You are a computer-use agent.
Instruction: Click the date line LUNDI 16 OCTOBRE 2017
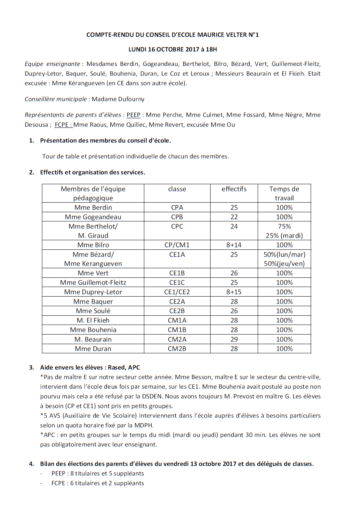click(172, 49)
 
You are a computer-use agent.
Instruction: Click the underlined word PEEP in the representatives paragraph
click(133, 115)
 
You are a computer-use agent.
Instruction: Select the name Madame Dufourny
click(118, 99)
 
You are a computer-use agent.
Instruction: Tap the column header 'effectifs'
click(234, 189)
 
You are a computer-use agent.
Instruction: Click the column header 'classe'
click(177, 189)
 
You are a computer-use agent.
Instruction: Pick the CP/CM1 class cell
click(177, 245)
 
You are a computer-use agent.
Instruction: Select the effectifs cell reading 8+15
click(234, 292)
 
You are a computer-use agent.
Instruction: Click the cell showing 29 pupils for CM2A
click(234, 339)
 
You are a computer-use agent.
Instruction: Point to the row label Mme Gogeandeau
click(93, 217)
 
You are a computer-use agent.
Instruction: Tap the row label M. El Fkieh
click(93, 321)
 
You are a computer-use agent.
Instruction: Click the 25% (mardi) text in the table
click(284, 236)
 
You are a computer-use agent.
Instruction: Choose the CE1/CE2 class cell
click(177, 292)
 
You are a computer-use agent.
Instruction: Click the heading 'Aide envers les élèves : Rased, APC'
click(90, 367)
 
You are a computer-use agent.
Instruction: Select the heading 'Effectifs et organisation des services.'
click(92, 172)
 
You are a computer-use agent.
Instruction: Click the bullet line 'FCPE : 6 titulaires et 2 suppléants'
click(98, 483)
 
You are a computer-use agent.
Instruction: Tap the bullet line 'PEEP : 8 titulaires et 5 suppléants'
click(98, 473)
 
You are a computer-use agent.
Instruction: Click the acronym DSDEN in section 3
click(152, 396)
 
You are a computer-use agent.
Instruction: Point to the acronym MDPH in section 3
click(143, 425)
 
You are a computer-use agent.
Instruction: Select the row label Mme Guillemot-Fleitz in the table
click(93, 283)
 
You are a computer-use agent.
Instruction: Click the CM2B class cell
click(177, 349)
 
